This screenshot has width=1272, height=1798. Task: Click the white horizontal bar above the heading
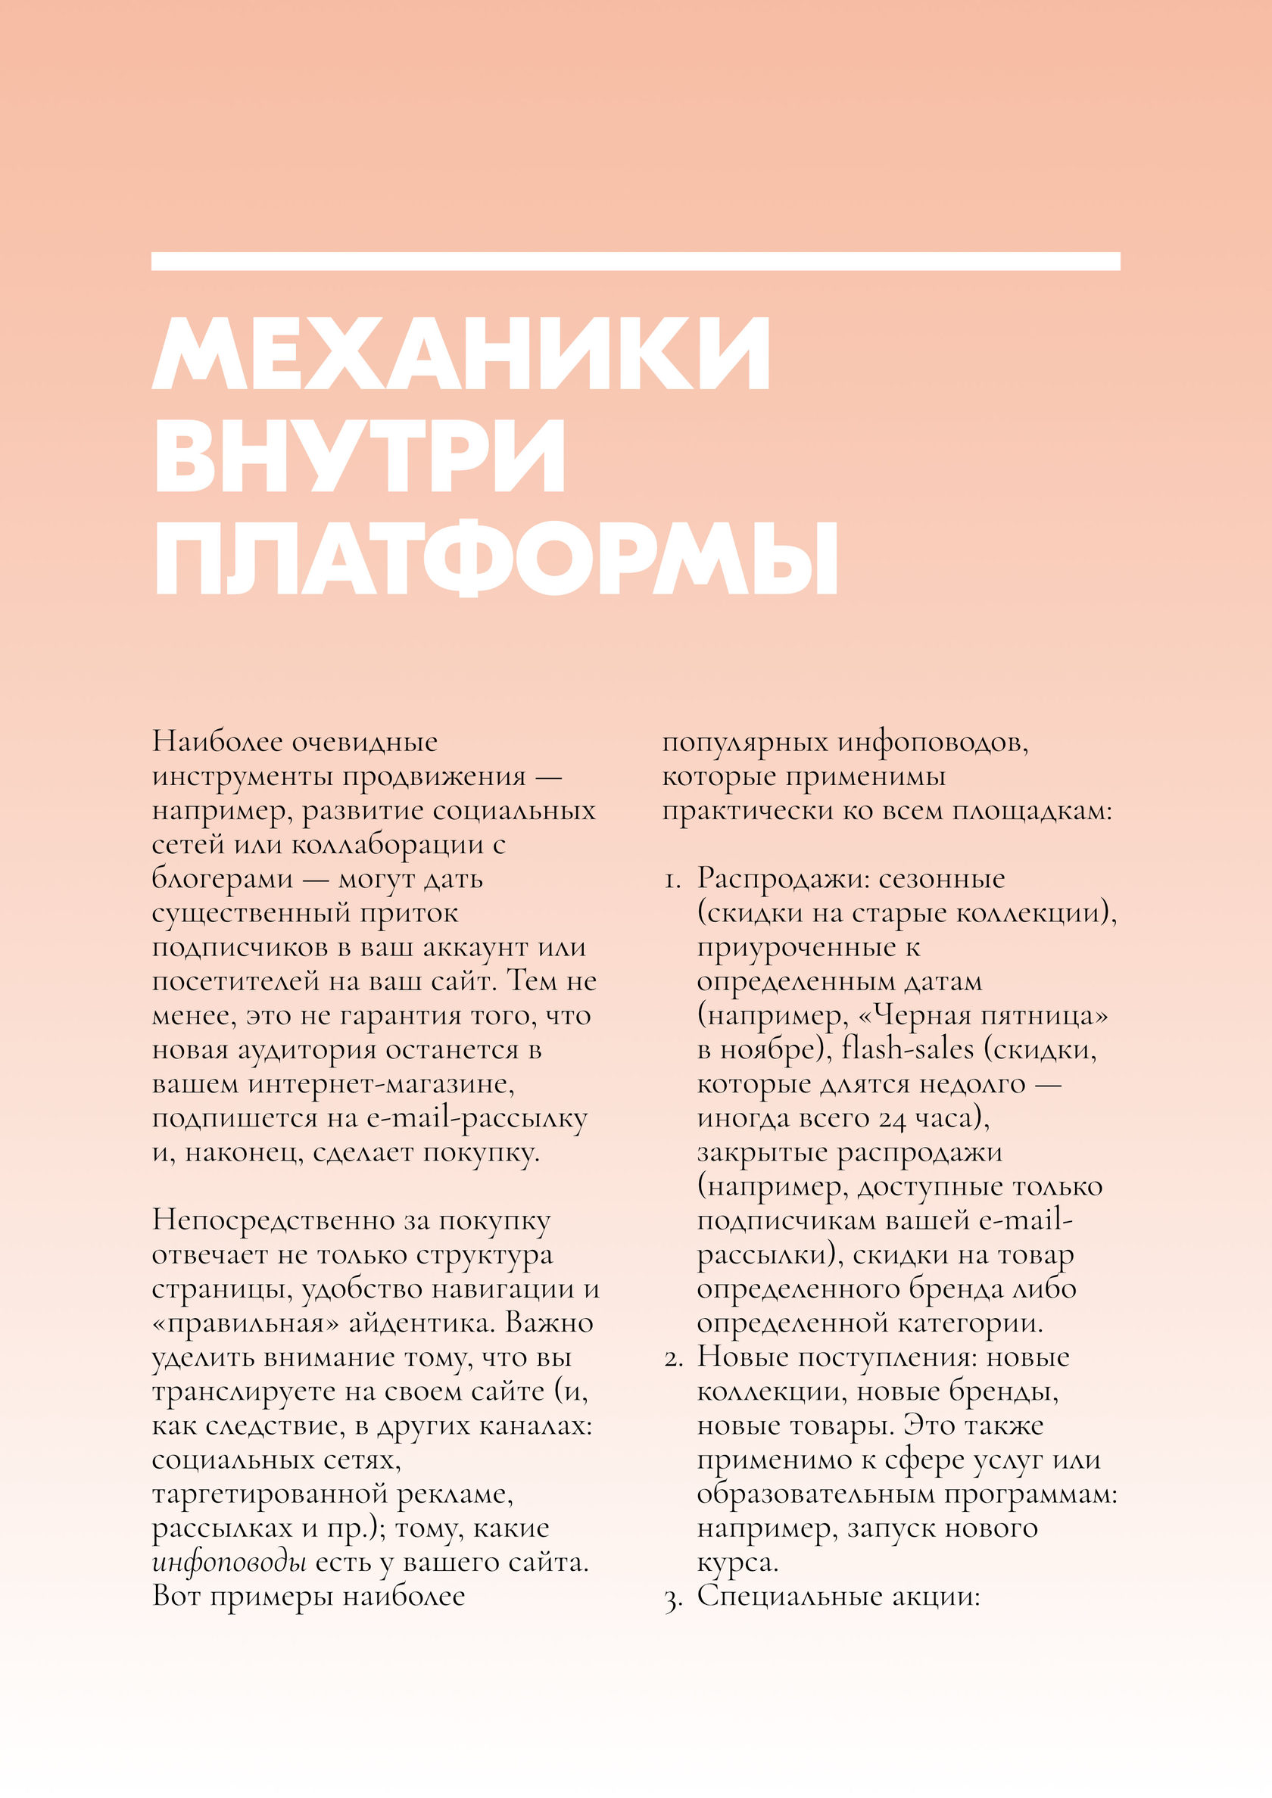click(635, 261)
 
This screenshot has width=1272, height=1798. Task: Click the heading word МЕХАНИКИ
click(462, 354)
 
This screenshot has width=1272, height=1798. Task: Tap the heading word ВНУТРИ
click(360, 456)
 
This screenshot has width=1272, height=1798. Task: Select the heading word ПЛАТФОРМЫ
click(497, 559)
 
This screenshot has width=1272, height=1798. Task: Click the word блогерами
click(223, 879)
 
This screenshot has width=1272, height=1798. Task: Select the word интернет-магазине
click(382, 1084)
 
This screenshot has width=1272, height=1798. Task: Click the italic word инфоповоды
click(229, 1563)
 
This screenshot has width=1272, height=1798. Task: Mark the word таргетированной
click(269, 1494)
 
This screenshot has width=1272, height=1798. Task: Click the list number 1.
click(672, 880)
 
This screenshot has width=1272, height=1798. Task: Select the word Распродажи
click(780, 879)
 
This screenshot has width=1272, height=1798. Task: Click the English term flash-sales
click(907, 1049)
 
